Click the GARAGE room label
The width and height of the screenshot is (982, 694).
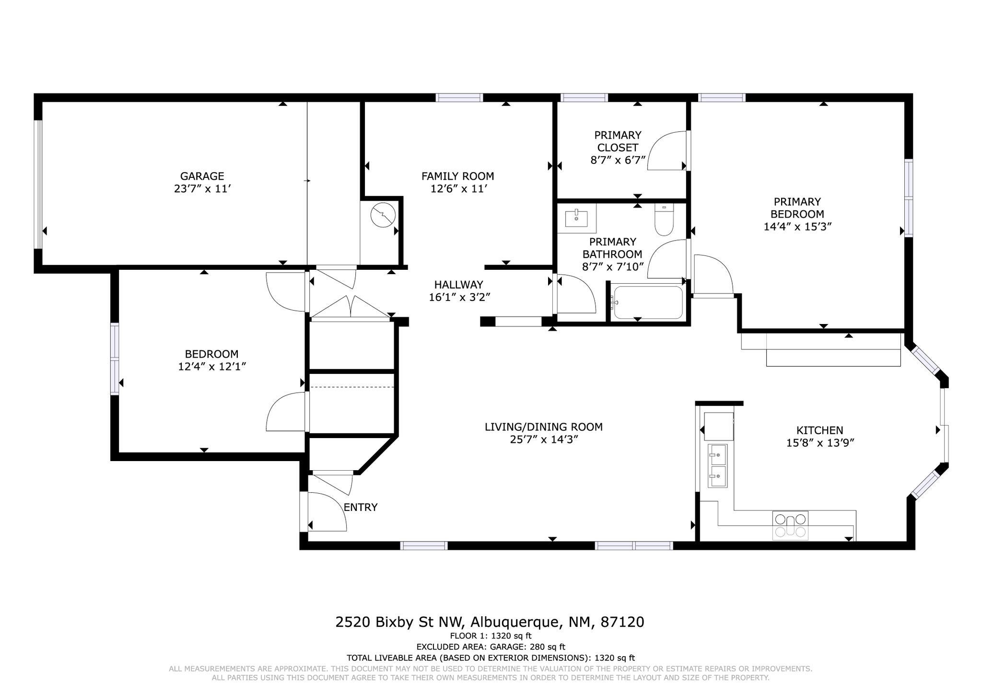(x=202, y=176)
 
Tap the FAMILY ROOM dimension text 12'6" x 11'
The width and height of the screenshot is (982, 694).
(x=459, y=189)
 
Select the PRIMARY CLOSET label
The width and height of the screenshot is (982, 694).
(x=618, y=141)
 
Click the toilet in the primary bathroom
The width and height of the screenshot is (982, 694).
(x=664, y=220)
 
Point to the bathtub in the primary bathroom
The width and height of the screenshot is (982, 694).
(x=647, y=302)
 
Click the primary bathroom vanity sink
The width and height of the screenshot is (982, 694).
(x=576, y=219)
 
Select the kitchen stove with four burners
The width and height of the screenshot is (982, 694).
(x=790, y=525)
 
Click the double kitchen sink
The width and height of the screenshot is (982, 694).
(x=718, y=465)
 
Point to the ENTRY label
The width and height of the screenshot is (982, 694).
(x=361, y=507)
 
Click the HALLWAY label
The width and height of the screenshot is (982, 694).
(x=458, y=285)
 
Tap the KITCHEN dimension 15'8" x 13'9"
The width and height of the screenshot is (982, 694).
(x=820, y=443)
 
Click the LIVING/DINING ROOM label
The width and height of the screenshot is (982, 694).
(x=543, y=427)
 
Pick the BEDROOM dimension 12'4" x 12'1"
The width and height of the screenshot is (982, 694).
(x=212, y=367)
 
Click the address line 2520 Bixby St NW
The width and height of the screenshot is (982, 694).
(x=399, y=622)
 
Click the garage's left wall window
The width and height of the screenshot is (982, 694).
(x=38, y=185)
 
